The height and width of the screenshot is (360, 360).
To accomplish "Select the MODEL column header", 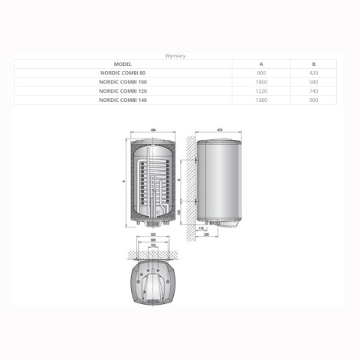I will coord(123,64).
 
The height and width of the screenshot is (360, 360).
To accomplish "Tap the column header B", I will coord(314,64).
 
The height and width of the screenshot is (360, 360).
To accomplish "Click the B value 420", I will coord(314,73).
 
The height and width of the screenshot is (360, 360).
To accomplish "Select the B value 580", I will coord(314,81).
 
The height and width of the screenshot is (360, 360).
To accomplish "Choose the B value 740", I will coord(314,90).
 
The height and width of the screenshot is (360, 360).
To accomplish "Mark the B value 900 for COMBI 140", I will coord(314,98).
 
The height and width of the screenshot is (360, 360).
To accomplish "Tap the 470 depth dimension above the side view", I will coord(221,129).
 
